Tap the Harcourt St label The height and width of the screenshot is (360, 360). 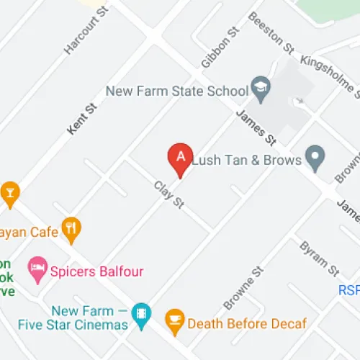[81, 33]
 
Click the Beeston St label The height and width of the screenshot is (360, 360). [271, 32]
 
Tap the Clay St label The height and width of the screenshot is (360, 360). [169, 195]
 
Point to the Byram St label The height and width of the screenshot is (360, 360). [319, 258]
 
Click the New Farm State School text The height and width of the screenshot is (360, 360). [176, 91]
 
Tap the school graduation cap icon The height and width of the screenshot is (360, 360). [260, 90]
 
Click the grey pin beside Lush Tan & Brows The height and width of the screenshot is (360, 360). [314, 155]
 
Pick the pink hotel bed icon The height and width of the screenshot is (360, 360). [37, 270]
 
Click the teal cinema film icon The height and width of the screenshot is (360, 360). [142, 314]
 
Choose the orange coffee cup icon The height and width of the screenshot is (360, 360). [174, 318]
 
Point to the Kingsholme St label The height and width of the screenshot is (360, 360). [330, 72]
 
